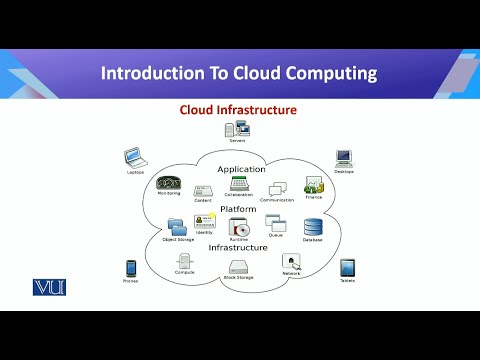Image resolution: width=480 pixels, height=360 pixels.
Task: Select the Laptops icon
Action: pos(135,157)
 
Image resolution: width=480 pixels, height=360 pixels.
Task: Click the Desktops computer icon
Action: pos(344,157)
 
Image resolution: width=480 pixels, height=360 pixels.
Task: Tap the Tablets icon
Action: pos(347,268)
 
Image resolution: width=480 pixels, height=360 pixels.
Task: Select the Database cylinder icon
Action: pos(313,227)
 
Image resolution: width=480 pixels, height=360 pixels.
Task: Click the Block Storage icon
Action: pos(238,267)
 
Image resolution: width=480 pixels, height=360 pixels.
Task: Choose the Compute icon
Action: pos(184,262)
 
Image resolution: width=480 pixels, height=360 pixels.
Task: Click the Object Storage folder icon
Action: pos(176,226)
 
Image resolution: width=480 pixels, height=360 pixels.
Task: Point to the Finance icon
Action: pos(313,185)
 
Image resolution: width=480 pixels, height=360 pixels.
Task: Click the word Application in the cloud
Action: pos(241,169)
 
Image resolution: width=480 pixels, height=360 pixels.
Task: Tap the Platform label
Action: pos(238,209)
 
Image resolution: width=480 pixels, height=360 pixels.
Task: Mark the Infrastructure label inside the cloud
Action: pos(238,247)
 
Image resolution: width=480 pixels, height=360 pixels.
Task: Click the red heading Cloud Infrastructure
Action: pos(237,109)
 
